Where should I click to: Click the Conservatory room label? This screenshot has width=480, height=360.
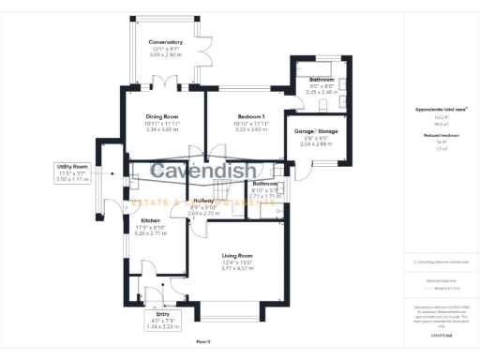pos(165,43)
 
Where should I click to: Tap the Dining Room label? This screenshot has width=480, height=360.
pos(162,116)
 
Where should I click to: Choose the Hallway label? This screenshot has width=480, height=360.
pos(203,201)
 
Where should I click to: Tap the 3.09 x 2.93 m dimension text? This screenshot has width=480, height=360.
pos(165,55)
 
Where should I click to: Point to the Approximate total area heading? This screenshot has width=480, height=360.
pos(441,110)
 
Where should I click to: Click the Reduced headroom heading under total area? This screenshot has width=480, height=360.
pos(441,134)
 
